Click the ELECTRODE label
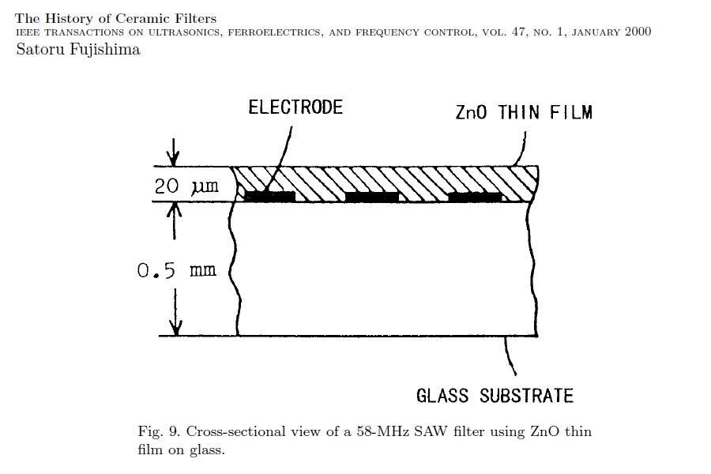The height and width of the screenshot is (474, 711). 295,107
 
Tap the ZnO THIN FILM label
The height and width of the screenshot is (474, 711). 524,112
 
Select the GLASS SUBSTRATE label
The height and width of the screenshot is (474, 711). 495,395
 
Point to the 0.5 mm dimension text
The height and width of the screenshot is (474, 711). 176,270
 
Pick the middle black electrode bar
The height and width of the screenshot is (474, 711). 371,196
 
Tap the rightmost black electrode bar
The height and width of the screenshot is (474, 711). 475,196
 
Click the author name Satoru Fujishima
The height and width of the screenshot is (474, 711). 78,49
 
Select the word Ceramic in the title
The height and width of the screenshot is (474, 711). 138,17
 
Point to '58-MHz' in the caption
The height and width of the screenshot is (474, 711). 378,431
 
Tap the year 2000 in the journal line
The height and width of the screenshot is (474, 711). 637,32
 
